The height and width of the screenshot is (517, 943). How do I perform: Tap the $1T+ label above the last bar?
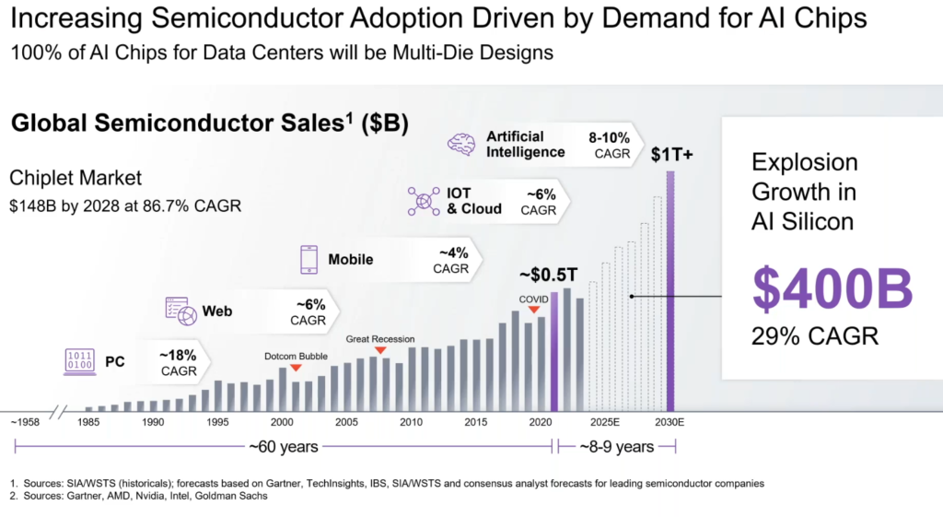coord(671,155)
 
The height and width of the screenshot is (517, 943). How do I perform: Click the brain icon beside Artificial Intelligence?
coord(460,144)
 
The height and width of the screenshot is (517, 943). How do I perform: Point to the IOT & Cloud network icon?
coord(424,201)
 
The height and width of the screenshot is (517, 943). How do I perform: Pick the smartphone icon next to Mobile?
coord(308,259)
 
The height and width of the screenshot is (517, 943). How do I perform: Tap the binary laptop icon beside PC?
coord(79,362)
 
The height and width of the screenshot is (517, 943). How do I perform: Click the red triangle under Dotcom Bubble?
coord(296,368)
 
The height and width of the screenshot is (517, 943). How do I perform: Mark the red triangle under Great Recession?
coord(379,350)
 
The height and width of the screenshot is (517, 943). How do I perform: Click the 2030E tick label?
coord(669,422)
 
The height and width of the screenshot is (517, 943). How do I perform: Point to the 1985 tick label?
coord(89,422)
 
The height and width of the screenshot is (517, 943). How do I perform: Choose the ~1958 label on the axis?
coord(25,422)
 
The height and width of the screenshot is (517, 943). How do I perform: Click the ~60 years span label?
coord(284,447)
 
